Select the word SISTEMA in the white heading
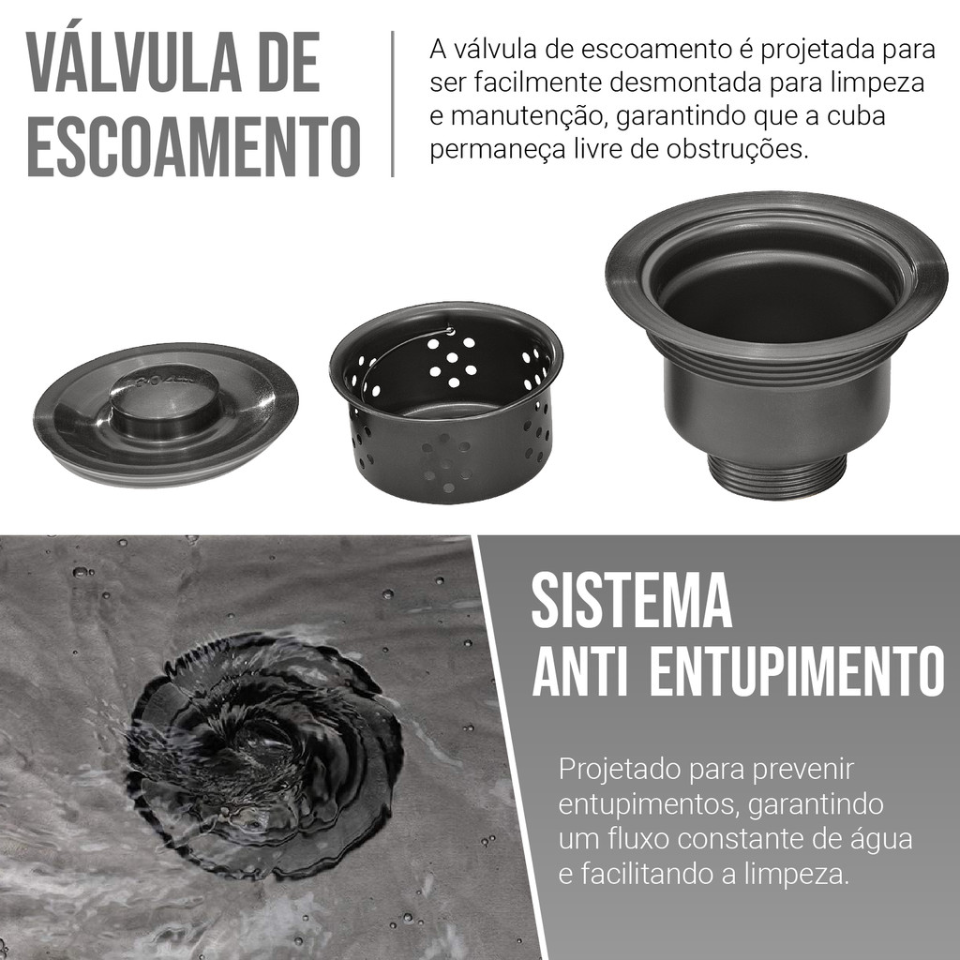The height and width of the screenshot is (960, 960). point(632,600)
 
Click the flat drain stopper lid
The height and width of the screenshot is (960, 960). point(166,414)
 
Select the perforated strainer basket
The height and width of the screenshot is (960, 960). point(445,403)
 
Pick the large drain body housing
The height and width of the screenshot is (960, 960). point(776,343)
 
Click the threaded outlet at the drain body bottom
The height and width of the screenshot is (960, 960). point(775,474)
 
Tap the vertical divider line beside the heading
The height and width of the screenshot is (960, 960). point(393,103)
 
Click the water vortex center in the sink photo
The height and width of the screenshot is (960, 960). point(261,743)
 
